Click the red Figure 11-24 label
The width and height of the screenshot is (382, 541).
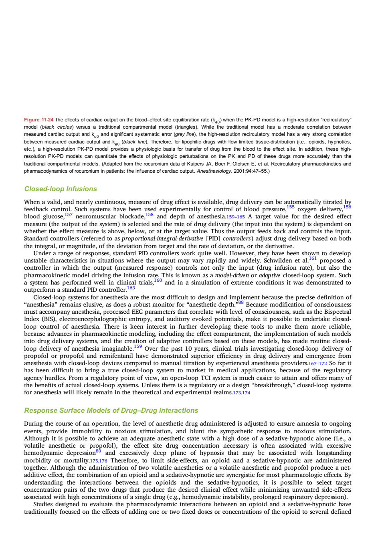(38, 120)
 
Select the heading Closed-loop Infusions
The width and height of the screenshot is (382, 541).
(61, 189)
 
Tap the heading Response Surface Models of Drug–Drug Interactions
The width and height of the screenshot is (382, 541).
(111, 410)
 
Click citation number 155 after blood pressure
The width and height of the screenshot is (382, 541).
(291, 207)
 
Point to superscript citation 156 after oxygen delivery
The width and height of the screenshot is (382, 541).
(347, 207)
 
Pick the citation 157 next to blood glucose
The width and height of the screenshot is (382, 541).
(69, 214)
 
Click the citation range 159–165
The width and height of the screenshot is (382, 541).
(236, 217)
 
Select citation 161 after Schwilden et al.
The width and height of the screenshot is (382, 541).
(313, 258)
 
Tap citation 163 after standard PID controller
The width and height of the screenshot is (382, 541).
(131, 288)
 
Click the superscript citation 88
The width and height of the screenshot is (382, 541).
(241, 302)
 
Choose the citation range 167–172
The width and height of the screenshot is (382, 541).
(318, 363)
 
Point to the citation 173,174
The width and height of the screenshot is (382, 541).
(241, 393)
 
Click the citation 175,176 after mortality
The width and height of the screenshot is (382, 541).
(99, 461)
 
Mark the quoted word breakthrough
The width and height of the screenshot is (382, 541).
(249, 385)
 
